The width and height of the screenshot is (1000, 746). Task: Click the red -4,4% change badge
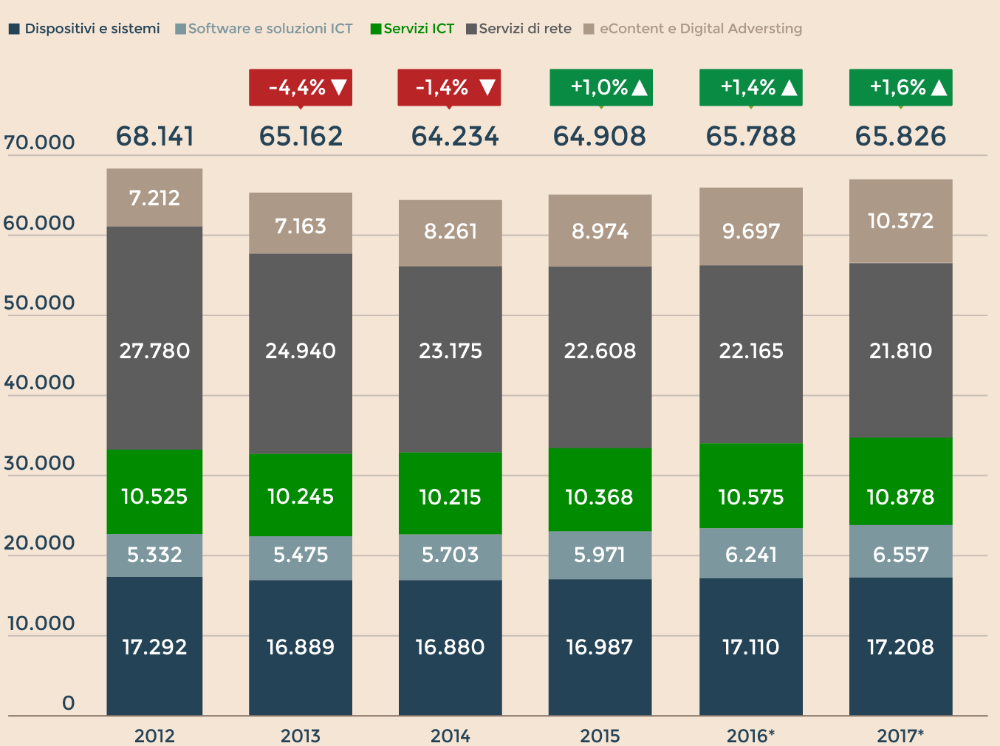(x=300, y=87)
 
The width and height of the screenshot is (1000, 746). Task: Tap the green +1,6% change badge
(x=900, y=87)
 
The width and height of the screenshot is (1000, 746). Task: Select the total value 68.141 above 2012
(x=155, y=137)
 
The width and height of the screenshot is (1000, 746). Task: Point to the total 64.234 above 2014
(x=455, y=137)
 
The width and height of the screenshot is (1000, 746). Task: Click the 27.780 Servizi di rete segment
(x=154, y=350)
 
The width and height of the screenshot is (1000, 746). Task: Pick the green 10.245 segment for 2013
(x=300, y=496)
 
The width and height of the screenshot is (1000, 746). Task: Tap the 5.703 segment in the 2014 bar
(x=450, y=555)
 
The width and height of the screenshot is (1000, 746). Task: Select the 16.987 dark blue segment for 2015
(x=600, y=647)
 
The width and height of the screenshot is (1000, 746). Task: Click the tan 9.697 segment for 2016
(x=750, y=230)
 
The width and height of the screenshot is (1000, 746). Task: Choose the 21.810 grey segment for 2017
(x=900, y=350)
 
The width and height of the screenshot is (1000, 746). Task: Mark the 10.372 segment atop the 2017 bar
(x=900, y=221)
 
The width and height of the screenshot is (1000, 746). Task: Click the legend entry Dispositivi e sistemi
(x=85, y=29)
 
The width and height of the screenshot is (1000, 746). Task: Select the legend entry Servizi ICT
(x=412, y=29)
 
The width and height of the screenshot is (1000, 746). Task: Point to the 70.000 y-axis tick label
(x=39, y=142)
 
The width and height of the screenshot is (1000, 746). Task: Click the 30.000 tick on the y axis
(x=39, y=463)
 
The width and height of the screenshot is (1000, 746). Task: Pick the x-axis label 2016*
(x=750, y=736)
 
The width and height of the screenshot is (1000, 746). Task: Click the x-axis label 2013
(x=300, y=736)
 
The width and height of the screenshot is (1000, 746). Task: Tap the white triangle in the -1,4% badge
(x=487, y=88)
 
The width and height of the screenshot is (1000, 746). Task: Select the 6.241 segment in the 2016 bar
(x=750, y=554)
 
